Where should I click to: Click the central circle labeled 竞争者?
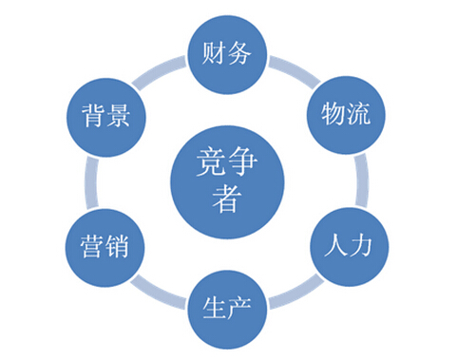(228, 180)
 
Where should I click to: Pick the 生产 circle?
(228, 308)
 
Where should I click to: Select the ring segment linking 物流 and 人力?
(360, 180)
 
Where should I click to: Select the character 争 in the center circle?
(246, 163)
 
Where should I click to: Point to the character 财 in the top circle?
(215, 53)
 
